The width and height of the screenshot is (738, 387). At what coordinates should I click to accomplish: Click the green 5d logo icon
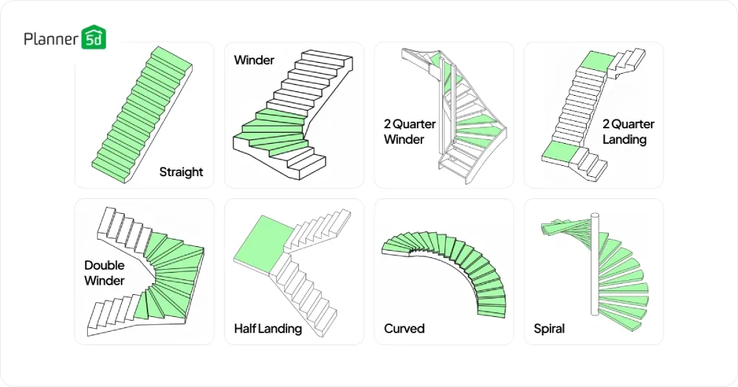[94, 38]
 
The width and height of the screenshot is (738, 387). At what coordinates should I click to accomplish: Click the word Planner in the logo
[50, 38]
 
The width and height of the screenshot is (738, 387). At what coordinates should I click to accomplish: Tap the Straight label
[181, 172]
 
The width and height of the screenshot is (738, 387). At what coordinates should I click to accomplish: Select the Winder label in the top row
[254, 60]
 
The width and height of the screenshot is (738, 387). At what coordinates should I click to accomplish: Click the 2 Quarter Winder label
[410, 131]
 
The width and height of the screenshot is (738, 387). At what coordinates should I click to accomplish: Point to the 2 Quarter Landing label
[628, 131]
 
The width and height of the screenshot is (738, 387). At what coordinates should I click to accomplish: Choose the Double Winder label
[104, 272]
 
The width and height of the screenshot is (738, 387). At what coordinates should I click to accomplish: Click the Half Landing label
[267, 328]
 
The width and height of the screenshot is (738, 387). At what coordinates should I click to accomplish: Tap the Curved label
[404, 328]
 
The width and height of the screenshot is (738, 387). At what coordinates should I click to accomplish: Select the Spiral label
[549, 328]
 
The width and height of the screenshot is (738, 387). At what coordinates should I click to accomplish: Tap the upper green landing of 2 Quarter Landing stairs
[596, 62]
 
